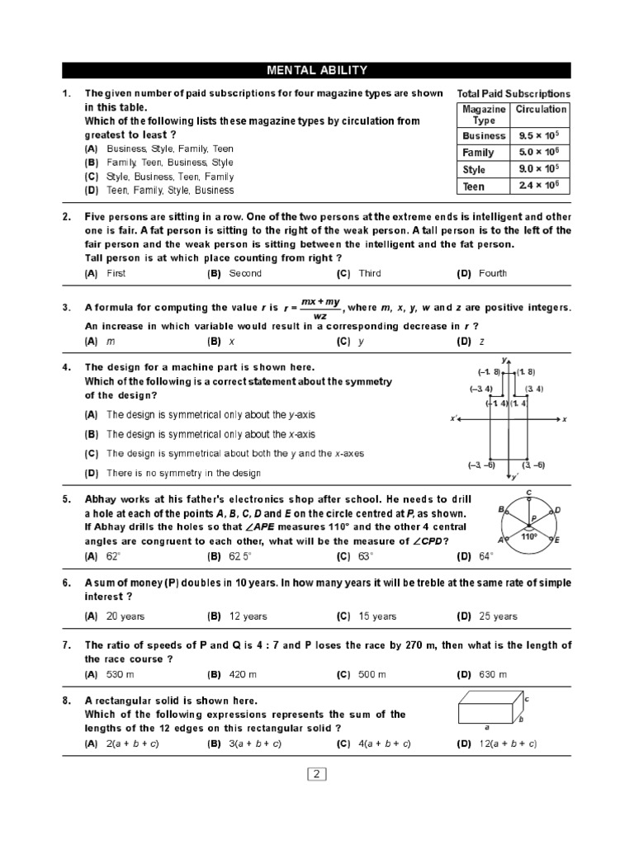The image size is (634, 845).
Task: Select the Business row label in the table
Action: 484,135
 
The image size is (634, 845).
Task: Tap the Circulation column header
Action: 541,109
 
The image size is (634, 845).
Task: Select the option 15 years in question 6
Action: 377,616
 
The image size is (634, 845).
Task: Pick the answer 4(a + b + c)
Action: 384,744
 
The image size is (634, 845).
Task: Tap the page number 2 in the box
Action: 318,774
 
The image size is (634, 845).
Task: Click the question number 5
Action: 66,499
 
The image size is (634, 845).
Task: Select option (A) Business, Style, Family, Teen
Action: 170,149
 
